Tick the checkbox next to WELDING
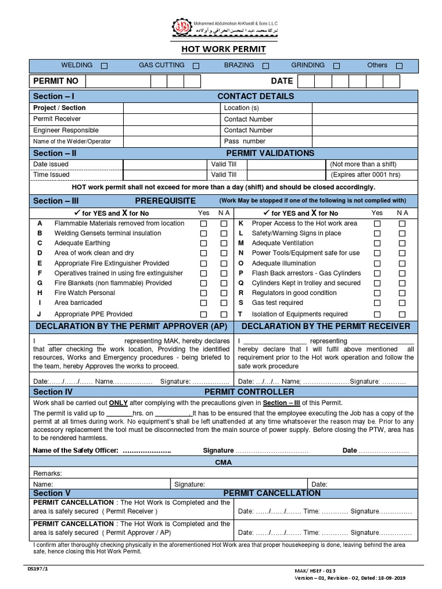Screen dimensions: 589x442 point(104,66)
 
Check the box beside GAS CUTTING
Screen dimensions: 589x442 point(196,66)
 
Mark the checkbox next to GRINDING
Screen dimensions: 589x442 point(337,66)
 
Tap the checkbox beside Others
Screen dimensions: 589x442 point(399,66)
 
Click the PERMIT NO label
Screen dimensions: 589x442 point(55,81)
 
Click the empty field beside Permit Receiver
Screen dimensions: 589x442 point(171,119)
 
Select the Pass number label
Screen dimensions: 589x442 point(245,141)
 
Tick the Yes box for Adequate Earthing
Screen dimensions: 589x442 point(203,244)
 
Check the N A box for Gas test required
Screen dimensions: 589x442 point(402,303)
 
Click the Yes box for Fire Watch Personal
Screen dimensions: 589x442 point(203,293)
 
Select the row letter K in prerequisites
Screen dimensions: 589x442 point(241,223)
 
